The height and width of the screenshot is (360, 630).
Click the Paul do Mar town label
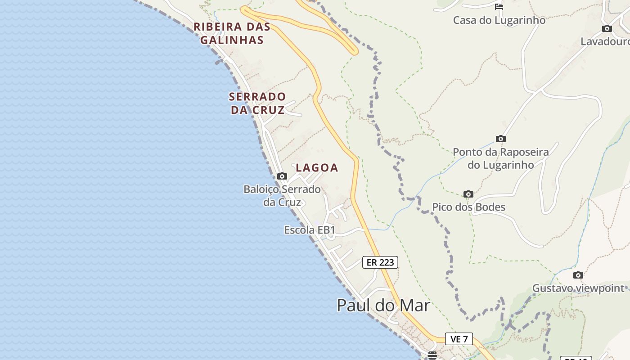tap(383, 305)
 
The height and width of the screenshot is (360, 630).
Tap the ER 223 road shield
tap(380, 262)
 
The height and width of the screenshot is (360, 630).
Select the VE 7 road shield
tap(459, 339)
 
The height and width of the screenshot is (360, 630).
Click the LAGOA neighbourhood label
tap(317, 168)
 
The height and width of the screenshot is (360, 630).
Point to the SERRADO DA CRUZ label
tap(257, 103)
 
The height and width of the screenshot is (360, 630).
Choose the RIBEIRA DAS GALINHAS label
tap(232, 33)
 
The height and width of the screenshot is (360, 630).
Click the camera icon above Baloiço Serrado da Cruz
tap(282, 176)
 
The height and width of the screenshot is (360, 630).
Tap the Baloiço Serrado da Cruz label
tap(282, 195)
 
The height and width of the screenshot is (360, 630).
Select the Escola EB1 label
tap(310, 230)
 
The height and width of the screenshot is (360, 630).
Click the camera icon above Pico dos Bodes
tap(468, 194)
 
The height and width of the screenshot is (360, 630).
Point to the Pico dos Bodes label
tap(468, 207)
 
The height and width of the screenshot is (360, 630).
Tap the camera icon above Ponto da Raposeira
tap(500, 139)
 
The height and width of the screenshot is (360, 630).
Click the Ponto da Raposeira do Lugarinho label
tap(500, 158)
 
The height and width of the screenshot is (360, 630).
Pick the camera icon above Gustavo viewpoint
tap(578, 275)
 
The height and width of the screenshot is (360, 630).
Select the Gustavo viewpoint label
tap(578, 288)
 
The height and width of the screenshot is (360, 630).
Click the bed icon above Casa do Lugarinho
tap(499, 7)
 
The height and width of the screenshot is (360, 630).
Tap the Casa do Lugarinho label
tap(499, 20)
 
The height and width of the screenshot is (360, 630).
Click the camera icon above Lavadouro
tap(607, 28)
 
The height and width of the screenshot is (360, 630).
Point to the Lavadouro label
tap(605, 41)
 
